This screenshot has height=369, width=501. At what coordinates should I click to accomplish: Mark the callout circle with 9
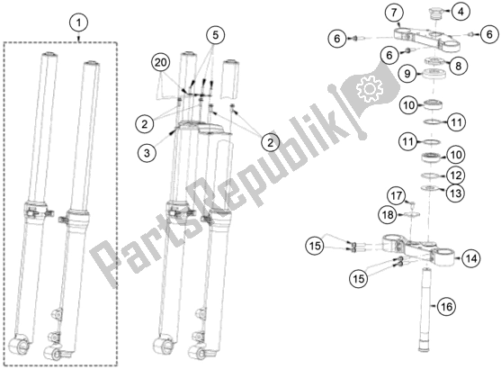pos(407,74)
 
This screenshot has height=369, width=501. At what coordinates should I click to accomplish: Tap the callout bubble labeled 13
pos(456,192)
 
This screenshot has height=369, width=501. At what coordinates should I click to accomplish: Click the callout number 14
pos(472,257)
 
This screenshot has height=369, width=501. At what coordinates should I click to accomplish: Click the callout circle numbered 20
pos(160,62)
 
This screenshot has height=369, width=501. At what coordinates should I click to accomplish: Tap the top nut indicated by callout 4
pos(433,13)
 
